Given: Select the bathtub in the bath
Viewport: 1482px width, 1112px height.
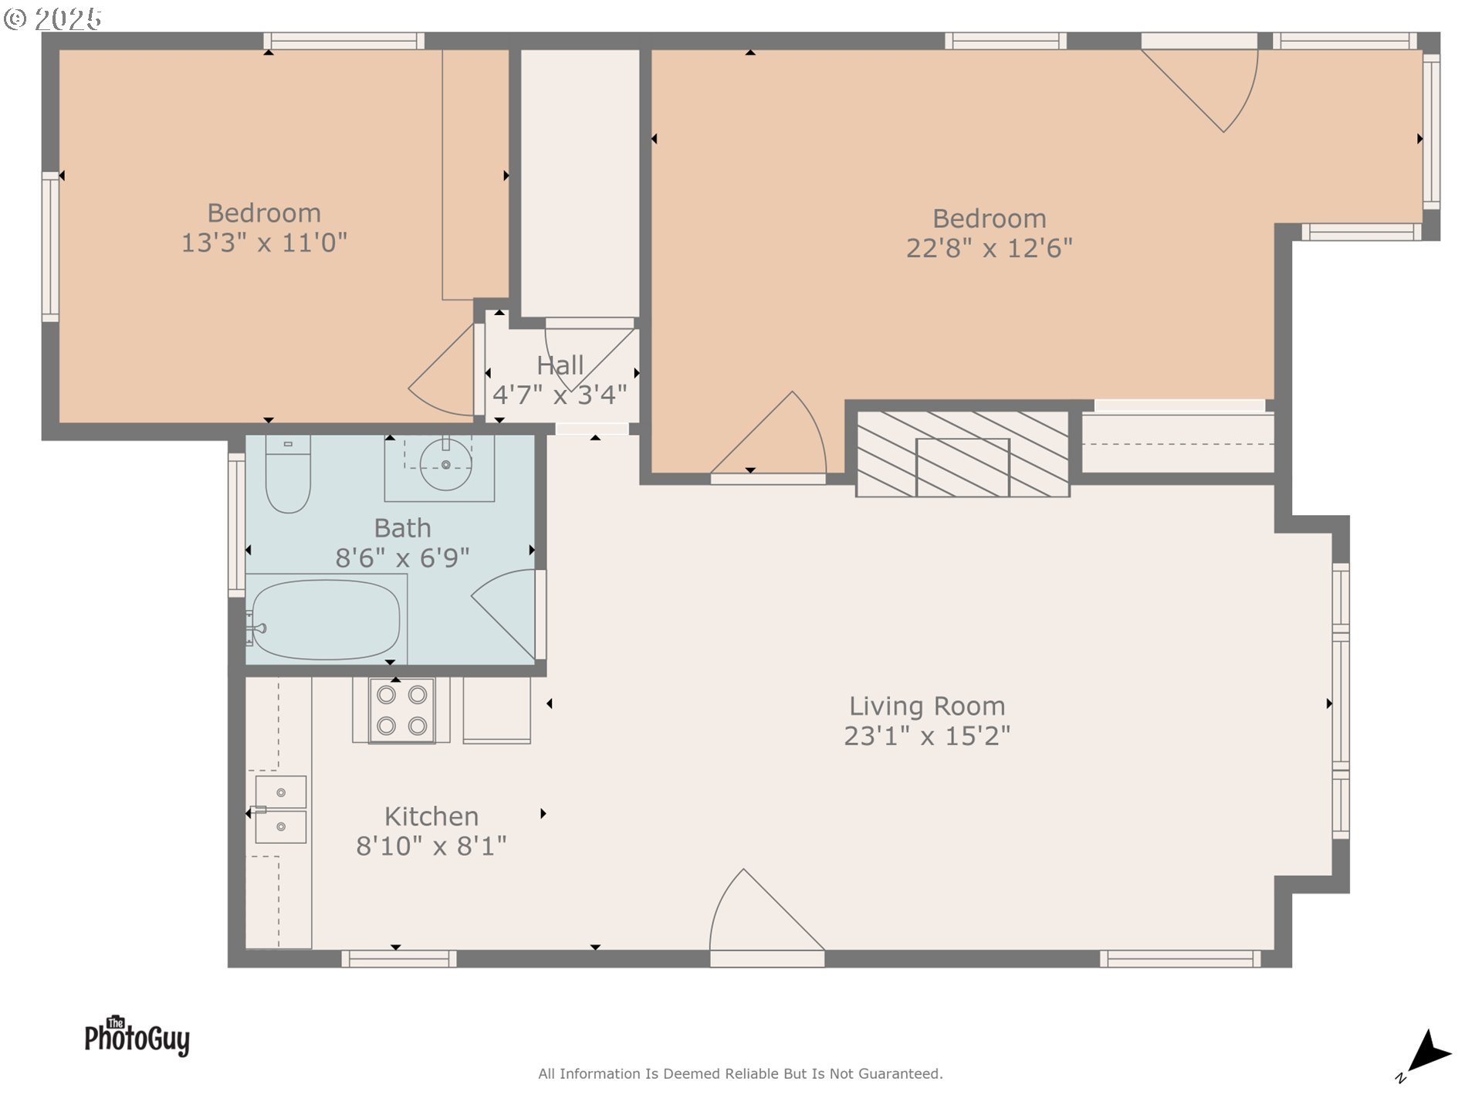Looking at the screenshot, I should tap(326, 619).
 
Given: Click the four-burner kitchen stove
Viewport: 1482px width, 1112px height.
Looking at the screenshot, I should tap(401, 710).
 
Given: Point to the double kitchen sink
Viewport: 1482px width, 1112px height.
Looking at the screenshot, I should tap(280, 809).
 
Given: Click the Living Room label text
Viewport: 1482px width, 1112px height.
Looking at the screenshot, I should tap(926, 706).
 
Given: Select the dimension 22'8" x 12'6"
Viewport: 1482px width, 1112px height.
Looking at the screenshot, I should tap(989, 248).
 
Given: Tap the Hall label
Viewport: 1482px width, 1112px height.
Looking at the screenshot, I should tap(560, 365).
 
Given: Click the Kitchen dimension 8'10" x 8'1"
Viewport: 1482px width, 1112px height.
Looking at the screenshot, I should tap(431, 846).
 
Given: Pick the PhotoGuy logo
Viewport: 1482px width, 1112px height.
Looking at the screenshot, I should tap(137, 1036).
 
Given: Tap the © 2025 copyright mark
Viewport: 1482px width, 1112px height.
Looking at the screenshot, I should tap(52, 19).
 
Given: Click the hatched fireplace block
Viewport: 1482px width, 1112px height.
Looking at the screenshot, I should tap(963, 454).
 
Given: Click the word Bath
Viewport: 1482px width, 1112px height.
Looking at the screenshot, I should tap(402, 528).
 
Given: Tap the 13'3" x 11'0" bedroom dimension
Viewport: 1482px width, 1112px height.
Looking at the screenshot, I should tap(264, 242).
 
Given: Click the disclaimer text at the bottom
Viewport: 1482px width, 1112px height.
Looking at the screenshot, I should tap(740, 1073).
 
